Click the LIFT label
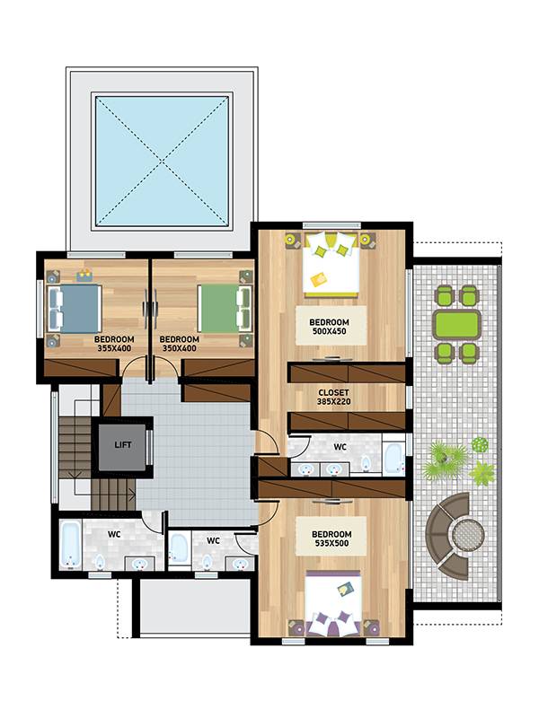pos(122,444)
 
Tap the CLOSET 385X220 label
pos(333,397)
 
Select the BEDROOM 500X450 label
pos(329,327)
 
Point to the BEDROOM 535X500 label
pos(331,538)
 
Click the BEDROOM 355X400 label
pos(114,344)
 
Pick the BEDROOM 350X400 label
pos(179,344)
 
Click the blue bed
pos(75,309)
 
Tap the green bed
pos(225,309)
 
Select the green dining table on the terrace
pos(457,324)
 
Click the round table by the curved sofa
pos(468,535)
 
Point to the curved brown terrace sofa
pos(441,537)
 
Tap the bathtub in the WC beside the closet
pos(393,459)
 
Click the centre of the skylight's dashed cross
pos(162,161)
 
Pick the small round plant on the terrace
pos(480,444)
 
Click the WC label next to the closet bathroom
pos(340,446)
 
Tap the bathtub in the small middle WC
pos(178,547)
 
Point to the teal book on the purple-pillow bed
pos(346,590)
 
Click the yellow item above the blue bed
pos(84,276)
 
